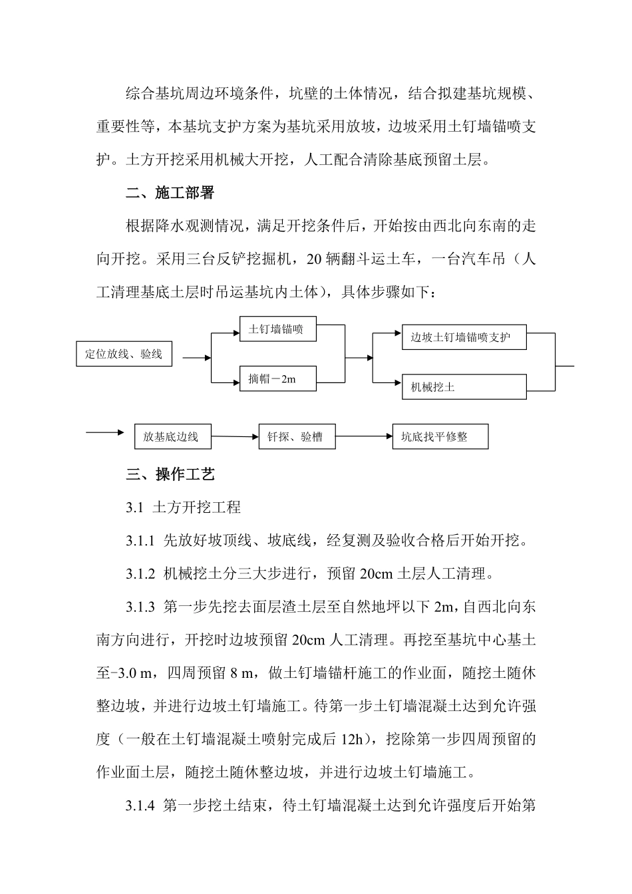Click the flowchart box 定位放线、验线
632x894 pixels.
click(124, 354)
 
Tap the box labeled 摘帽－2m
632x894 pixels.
click(277, 379)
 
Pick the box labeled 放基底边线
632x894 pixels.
click(170, 437)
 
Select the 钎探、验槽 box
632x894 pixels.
click(296, 437)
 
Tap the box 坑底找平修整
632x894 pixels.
click(440, 437)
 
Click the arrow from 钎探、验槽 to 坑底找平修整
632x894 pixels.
click(363, 437)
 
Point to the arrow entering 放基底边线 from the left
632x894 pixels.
click(105, 433)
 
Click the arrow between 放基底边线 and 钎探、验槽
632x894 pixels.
click(232, 437)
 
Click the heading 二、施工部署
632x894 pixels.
click(170, 194)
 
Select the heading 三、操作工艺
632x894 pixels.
click(170, 475)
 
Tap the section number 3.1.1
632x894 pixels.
click(140, 541)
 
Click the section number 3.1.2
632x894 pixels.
click(140, 574)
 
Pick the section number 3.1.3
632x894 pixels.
click(140, 607)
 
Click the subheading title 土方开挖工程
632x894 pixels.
click(196, 508)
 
